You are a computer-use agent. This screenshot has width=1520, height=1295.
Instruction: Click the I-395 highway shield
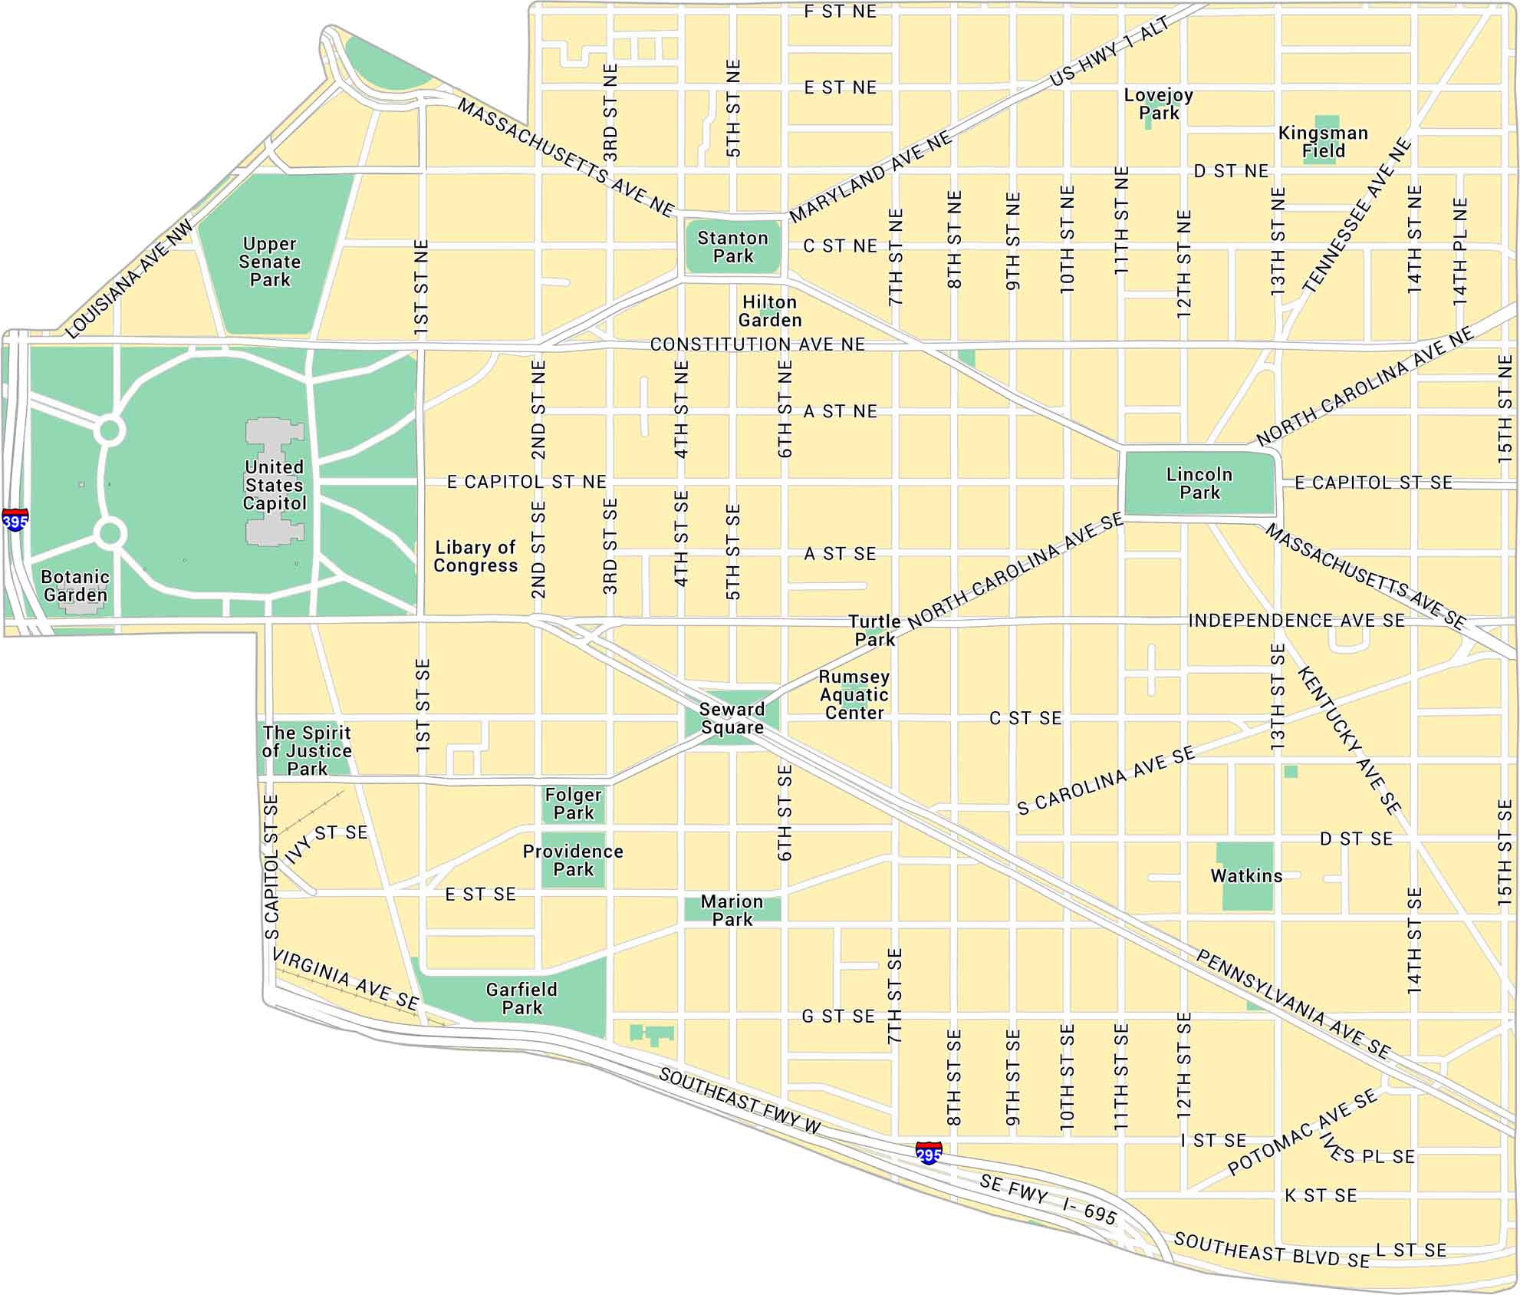(x=15, y=520)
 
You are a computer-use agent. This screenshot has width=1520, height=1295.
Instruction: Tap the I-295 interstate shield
(x=929, y=1152)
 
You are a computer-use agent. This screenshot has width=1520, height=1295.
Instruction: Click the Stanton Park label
(x=732, y=247)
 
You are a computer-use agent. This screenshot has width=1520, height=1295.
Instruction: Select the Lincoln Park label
(x=1199, y=483)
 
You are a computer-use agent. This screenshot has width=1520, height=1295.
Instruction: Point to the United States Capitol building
(x=275, y=483)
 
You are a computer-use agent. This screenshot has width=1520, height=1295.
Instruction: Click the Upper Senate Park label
(x=270, y=262)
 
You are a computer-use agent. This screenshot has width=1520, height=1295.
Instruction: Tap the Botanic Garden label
(x=75, y=585)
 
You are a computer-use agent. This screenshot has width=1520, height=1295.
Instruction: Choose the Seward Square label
(x=732, y=718)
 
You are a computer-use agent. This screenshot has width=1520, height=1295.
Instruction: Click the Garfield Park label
(x=521, y=998)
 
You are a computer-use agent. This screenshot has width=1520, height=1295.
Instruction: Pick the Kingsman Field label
(x=1323, y=142)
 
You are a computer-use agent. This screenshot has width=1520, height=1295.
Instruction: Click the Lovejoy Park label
(x=1158, y=104)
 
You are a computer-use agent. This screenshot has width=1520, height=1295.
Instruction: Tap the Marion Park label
(x=732, y=910)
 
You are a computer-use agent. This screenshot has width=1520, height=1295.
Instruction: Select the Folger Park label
(x=574, y=803)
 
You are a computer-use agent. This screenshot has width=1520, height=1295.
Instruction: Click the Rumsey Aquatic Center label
(x=854, y=694)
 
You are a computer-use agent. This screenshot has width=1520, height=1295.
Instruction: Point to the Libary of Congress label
(x=475, y=556)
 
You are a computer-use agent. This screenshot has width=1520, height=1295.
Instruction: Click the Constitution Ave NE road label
(x=757, y=344)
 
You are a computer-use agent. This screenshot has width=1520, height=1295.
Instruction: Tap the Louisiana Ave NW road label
(x=130, y=280)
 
